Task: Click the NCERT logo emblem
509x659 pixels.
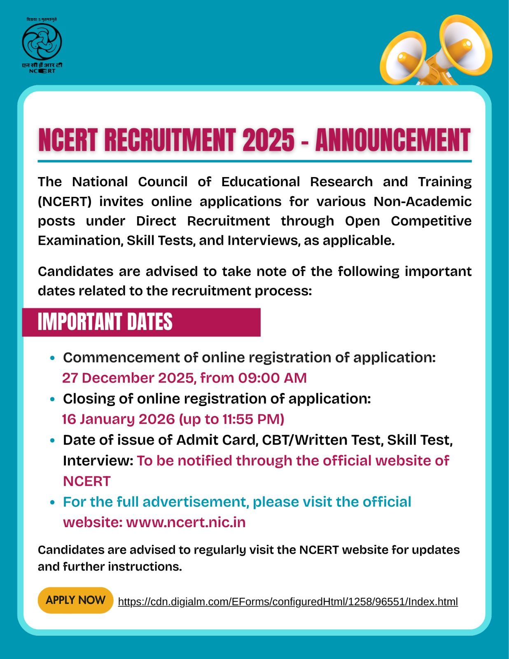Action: click(x=42, y=43)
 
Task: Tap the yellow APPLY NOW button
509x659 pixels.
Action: click(x=75, y=600)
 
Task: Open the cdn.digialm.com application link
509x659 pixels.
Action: click(x=287, y=602)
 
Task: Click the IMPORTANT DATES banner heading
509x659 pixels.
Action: click(x=105, y=322)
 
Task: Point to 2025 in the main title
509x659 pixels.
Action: click(x=268, y=140)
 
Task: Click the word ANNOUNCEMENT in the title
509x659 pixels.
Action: click(x=392, y=140)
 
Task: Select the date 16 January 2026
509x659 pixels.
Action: click(x=118, y=419)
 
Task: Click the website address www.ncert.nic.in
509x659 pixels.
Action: click(x=186, y=522)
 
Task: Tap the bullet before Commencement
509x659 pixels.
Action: click(x=52, y=358)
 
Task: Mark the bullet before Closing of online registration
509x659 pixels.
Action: click(x=52, y=400)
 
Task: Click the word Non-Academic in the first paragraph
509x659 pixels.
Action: click(x=422, y=201)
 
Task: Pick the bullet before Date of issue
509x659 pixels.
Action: click(x=52, y=441)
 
